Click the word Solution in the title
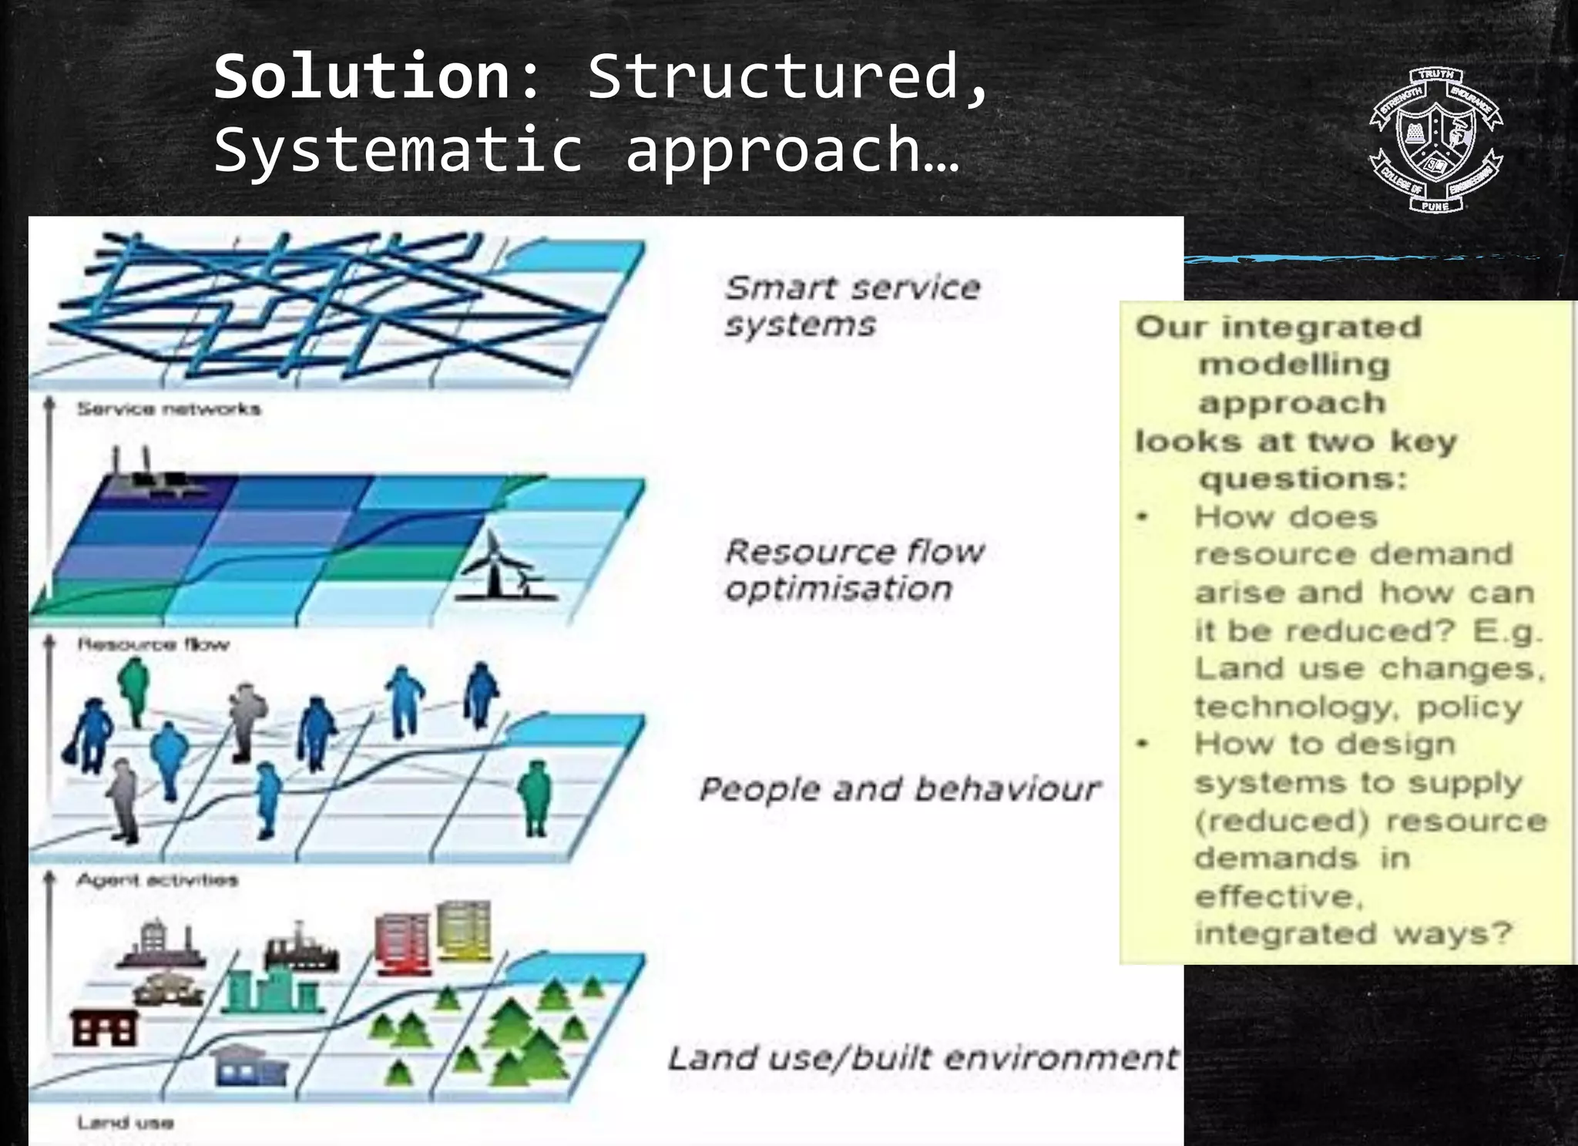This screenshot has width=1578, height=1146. (362, 77)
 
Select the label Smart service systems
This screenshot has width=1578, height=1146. (851, 306)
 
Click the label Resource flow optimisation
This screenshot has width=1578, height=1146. (854, 570)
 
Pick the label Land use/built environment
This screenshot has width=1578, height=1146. (922, 1058)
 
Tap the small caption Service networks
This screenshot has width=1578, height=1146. (169, 408)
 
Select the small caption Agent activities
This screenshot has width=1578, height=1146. (157, 880)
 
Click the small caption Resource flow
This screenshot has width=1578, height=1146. (153, 644)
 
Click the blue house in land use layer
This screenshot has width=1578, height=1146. (248, 1065)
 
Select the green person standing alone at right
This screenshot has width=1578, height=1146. (534, 798)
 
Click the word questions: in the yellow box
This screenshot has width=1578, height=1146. (1303, 479)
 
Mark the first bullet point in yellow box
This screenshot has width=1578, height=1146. (1143, 517)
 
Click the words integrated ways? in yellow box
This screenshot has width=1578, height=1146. (1353, 933)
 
